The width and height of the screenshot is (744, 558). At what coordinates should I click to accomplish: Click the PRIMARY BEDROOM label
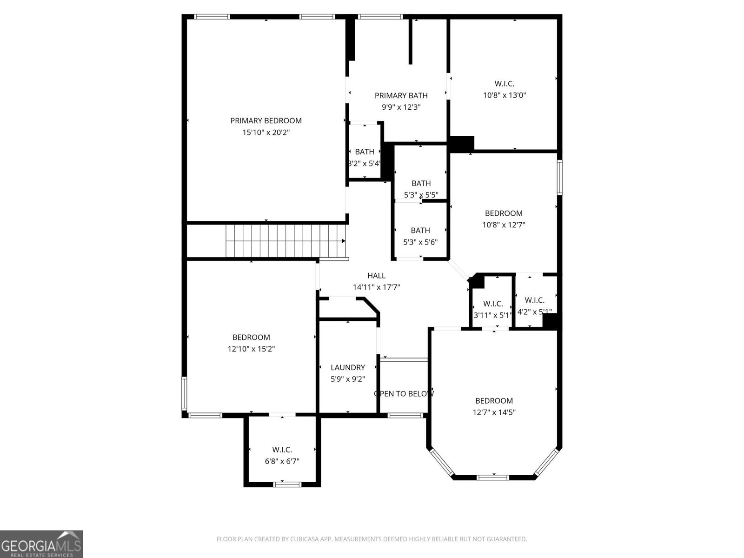[266, 120]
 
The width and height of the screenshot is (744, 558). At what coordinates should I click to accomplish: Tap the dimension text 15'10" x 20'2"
[266, 133]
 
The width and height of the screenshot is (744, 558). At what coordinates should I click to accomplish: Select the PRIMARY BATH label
[401, 95]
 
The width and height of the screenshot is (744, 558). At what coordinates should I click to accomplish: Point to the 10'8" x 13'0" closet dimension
[504, 95]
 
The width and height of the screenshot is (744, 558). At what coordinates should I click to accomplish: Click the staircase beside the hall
[285, 240]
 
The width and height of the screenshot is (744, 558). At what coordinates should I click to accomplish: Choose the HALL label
[376, 276]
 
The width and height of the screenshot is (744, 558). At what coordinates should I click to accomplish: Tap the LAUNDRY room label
[347, 367]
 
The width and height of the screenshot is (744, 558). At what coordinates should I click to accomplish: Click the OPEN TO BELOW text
[404, 394]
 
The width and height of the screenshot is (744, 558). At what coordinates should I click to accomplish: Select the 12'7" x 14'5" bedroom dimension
[494, 412]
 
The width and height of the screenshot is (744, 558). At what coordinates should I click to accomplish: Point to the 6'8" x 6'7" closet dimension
[282, 461]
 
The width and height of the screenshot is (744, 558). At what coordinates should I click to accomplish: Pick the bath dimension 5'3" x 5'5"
[420, 195]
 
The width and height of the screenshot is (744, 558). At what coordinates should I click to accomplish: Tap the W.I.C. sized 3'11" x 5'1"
[492, 309]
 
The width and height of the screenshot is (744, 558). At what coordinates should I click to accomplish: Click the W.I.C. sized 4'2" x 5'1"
[534, 306]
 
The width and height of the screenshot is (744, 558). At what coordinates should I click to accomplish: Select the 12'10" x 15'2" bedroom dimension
[251, 349]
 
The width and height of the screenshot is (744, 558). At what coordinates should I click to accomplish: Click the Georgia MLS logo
[41, 544]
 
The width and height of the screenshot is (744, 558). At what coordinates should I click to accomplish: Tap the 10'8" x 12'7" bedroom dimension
[504, 225]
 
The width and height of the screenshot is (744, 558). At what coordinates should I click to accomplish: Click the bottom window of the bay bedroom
[493, 477]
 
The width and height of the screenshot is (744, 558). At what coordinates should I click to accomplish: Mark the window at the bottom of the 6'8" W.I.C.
[287, 485]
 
